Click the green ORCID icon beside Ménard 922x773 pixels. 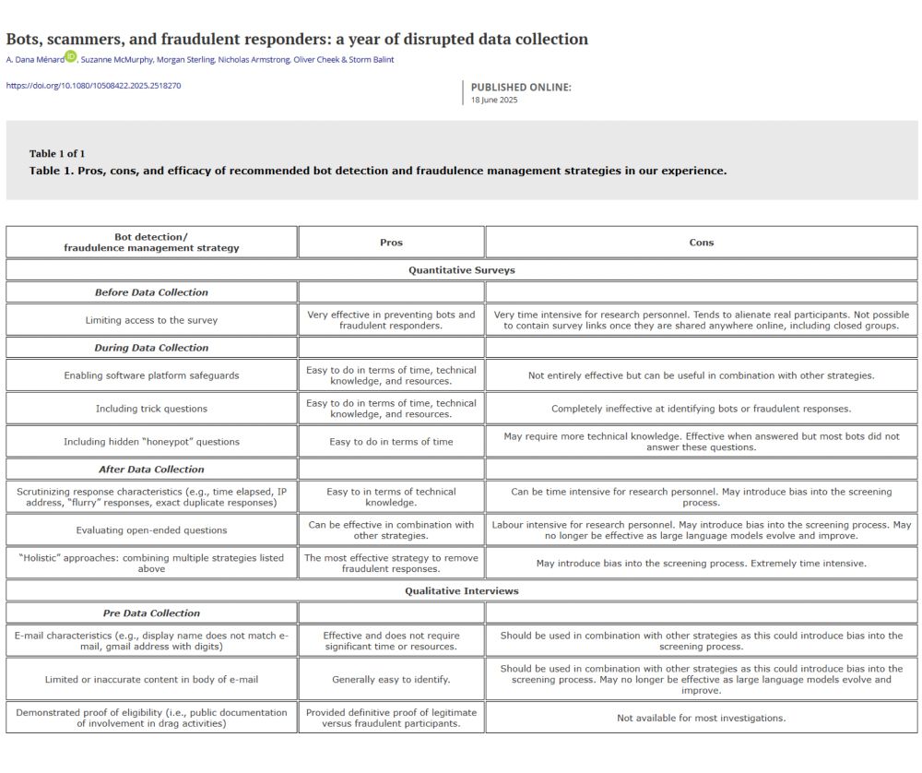[x=71, y=58]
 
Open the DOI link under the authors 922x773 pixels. [x=93, y=86]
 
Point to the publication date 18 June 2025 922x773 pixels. [x=494, y=100]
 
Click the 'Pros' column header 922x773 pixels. [x=391, y=243]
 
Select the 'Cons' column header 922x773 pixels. [x=701, y=243]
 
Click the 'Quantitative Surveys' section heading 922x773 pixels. [x=461, y=270]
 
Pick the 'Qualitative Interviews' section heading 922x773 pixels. [x=461, y=591]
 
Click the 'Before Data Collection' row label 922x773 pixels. [x=151, y=292]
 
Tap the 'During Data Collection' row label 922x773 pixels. [x=151, y=348]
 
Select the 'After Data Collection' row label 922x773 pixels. [x=151, y=470]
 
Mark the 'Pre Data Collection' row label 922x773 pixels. [x=151, y=613]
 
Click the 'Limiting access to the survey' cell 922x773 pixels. [x=151, y=320]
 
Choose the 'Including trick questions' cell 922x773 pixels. [x=151, y=409]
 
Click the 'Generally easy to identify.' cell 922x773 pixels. [x=391, y=680]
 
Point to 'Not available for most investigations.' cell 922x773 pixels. [x=701, y=718]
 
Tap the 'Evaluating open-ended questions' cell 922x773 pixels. [x=151, y=530]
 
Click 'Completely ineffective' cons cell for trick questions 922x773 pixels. [x=701, y=409]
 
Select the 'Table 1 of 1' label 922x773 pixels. [x=57, y=154]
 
